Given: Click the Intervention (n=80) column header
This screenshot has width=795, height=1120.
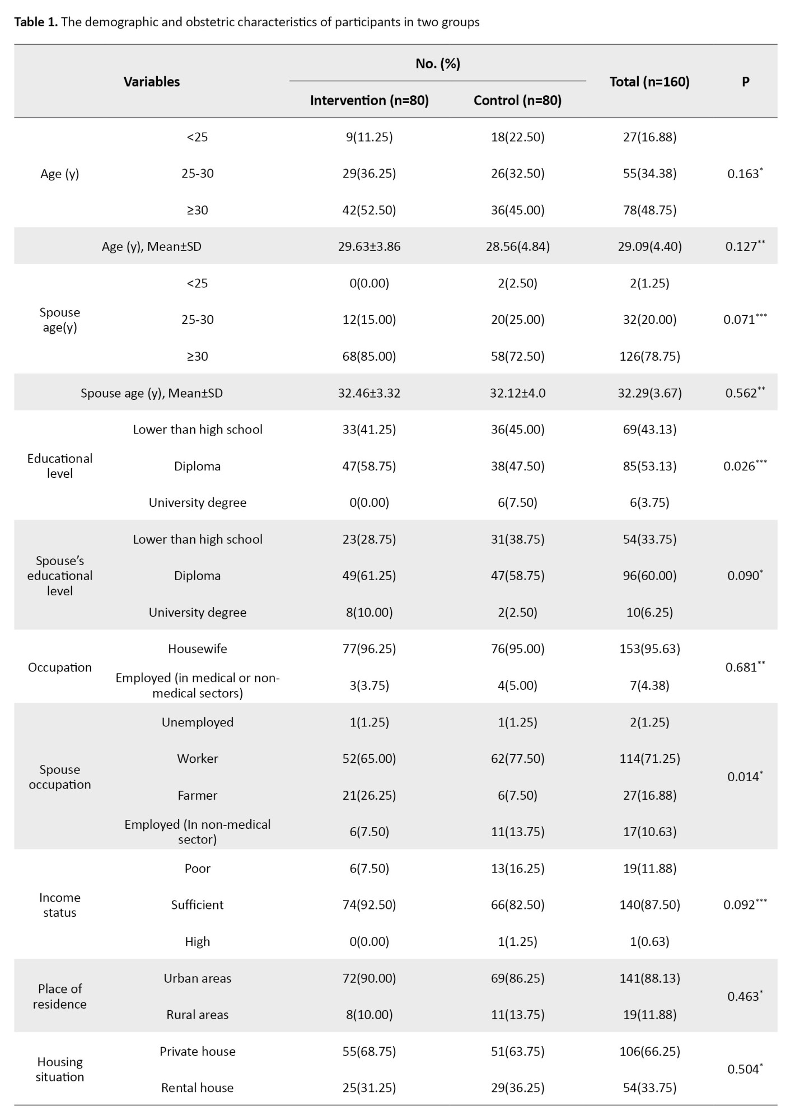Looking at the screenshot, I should [369, 100].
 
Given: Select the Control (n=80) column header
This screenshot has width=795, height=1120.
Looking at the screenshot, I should [517, 100].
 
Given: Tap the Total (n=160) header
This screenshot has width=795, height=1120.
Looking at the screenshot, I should [649, 82].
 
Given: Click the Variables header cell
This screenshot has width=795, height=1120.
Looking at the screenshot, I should [152, 82].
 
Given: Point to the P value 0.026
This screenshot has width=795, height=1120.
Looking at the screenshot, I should [742, 466].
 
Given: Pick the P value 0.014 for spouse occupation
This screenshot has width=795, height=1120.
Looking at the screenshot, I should [742, 777].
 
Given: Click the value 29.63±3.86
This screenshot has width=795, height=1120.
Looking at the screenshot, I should [369, 246].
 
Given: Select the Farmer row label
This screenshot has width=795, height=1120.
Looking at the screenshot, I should [197, 795].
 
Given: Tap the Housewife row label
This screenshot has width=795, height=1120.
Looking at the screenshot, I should [197, 649].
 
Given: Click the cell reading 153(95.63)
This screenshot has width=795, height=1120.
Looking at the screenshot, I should [649, 649].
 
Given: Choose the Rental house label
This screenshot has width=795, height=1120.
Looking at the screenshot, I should [197, 1088].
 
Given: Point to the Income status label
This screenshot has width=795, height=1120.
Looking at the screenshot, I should [60, 905].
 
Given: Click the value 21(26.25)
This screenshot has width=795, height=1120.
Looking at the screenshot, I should [369, 795].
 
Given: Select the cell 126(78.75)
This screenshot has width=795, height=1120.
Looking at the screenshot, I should [649, 356].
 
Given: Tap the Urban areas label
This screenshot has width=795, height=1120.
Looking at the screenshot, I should [197, 978].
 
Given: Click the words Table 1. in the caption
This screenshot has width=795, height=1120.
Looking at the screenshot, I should [36, 22].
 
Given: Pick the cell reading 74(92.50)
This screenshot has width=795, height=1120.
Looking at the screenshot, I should [369, 905].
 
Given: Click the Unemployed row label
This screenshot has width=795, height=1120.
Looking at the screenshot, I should [197, 722].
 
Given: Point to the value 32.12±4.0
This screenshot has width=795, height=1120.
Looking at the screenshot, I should [517, 393].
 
